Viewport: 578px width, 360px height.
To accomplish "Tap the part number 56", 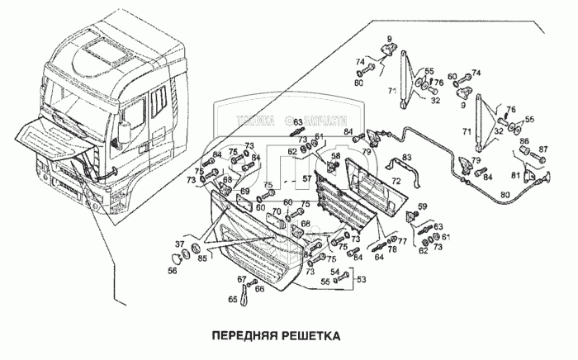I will (173, 268).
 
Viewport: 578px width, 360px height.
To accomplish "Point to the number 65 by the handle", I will (232, 298).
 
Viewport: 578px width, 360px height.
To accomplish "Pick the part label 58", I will (336, 156).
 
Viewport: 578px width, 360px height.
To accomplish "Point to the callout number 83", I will (406, 158).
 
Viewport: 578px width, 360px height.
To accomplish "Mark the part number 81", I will (516, 174).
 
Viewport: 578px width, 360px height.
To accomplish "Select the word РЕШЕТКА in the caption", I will (310, 337).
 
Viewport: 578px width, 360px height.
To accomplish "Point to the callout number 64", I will (380, 257).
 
